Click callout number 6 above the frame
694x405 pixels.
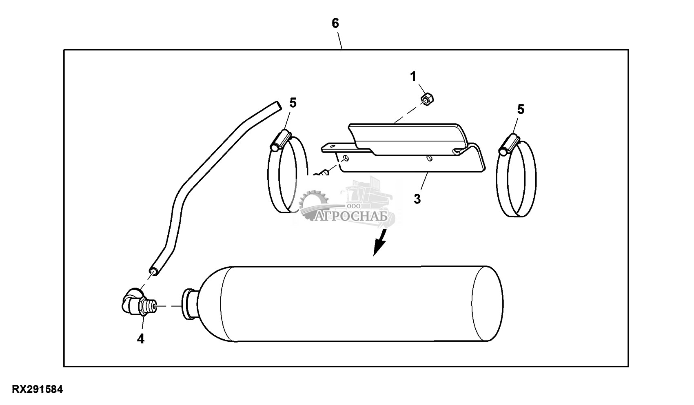click(335, 23)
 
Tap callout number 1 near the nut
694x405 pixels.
click(413, 77)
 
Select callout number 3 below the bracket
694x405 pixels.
click(417, 199)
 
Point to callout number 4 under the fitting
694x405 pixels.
click(141, 339)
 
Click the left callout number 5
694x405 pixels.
click(293, 103)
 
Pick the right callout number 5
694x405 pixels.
click(521, 109)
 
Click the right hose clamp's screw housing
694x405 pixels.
click(509, 144)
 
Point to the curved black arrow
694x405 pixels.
click(380, 242)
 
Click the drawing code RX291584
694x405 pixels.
click(37, 389)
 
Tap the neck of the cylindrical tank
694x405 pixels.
click(190, 304)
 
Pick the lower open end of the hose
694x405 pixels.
click(154, 271)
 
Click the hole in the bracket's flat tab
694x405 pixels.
click(332, 146)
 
